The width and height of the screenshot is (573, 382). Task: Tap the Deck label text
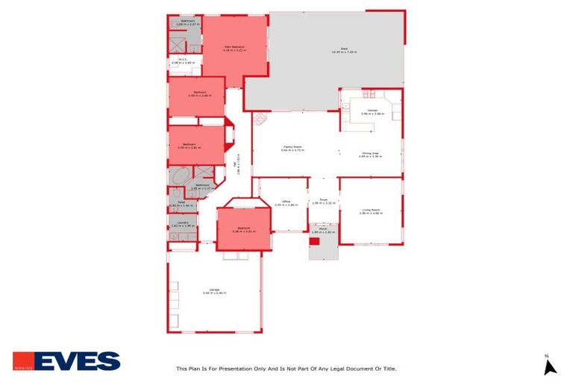(x=345, y=49)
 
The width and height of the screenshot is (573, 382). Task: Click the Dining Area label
(x=370, y=154)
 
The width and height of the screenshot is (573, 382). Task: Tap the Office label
(x=285, y=202)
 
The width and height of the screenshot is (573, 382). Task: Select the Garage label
(x=213, y=291)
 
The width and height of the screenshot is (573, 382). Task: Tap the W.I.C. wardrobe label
(x=182, y=61)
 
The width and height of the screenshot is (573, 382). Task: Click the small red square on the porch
(x=314, y=241)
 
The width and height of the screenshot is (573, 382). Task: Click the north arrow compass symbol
(x=550, y=366)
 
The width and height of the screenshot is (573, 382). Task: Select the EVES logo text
(x=77, y=361)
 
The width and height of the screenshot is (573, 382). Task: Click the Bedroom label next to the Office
(x=243, y=228)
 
